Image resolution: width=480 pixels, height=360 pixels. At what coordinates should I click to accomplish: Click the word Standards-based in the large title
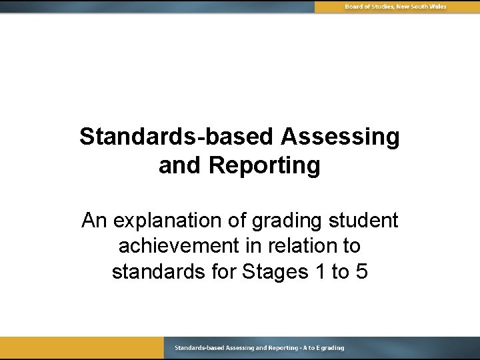(x=177, y=137)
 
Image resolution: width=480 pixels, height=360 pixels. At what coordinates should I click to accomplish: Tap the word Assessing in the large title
(x=340, y=137)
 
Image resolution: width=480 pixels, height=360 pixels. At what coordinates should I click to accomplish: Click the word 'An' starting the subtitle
(x=93, y=220)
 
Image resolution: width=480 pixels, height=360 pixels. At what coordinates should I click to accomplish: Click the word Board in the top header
(x=355, y=7)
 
